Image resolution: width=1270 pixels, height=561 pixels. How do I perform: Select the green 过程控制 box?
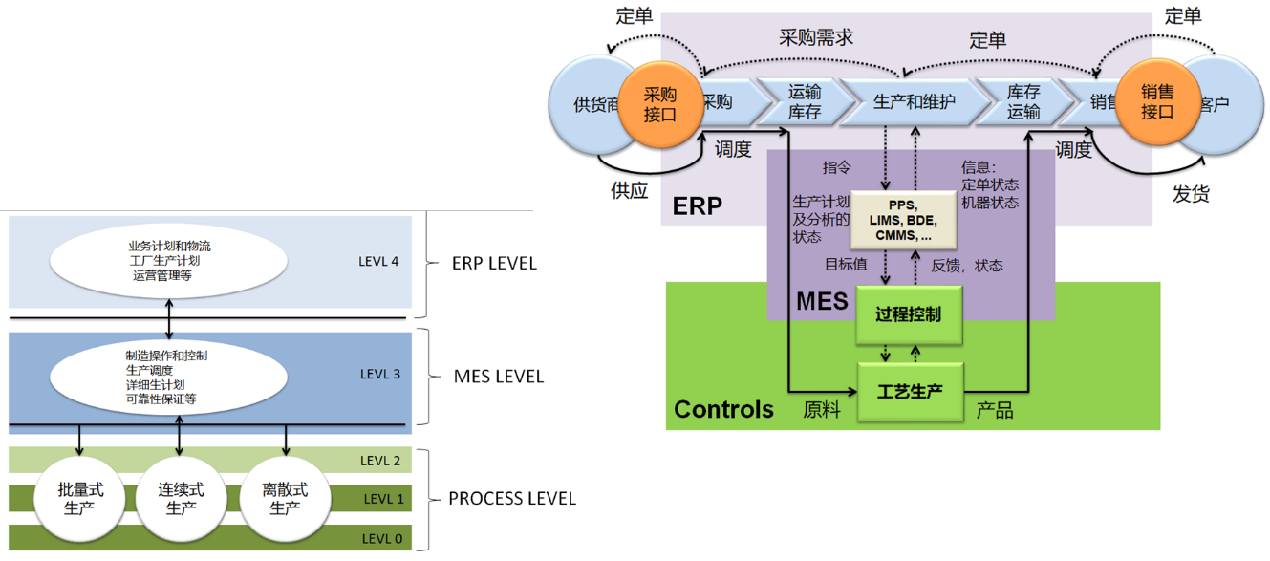tap(908, 314)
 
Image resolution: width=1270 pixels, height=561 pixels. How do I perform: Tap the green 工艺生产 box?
tap(909, 391)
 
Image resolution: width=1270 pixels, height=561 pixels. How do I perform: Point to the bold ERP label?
tap(697, 206)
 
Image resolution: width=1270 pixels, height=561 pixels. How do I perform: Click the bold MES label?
tap(822, 301)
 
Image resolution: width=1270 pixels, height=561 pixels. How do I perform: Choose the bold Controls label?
tap(723, 410)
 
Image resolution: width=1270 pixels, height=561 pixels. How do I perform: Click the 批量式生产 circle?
tap(79, 499)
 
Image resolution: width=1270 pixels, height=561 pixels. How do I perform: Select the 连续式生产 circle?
tap(182, 499)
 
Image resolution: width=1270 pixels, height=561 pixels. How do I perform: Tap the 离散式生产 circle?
tap(285, 499)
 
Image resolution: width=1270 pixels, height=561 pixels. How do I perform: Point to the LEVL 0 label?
tap(381, 539)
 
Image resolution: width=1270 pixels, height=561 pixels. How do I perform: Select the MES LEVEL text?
tap(499, 377)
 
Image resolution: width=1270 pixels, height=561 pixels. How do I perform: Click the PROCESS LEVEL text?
tap(512, 499)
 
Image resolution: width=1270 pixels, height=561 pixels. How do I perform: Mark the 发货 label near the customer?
tap(1191, 194)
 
